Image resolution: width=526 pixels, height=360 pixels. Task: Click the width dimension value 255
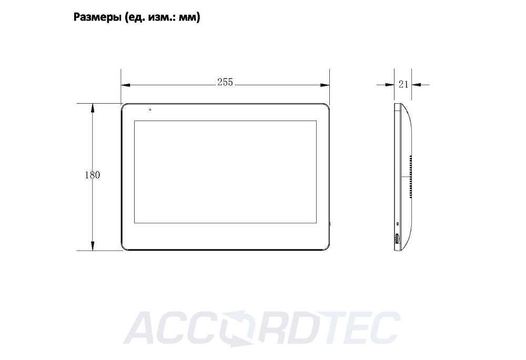(225, 82)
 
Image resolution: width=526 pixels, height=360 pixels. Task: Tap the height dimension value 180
(92, 175)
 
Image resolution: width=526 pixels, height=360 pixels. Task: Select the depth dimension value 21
(403, 84)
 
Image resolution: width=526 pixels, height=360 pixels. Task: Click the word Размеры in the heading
(97, 17)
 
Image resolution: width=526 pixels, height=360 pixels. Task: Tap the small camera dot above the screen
(150, 109)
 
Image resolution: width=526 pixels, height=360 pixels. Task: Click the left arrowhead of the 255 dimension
(126, 85)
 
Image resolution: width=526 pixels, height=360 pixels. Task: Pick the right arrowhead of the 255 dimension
(325, 85)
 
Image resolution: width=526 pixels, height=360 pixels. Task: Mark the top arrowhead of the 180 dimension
(93, 108)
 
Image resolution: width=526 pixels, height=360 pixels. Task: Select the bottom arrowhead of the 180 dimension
(93, 246)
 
